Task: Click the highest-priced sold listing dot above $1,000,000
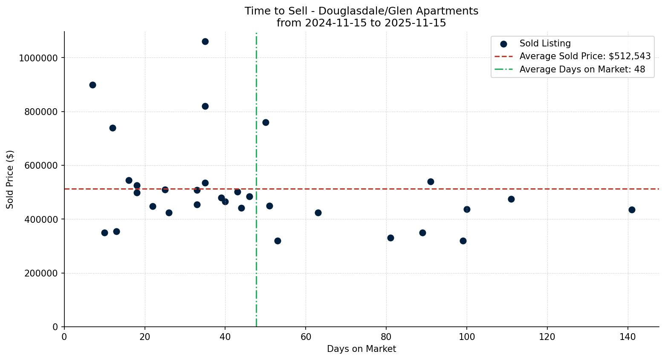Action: pos(205,41)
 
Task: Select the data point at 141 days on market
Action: pos(632,210)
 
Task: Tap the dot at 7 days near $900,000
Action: pos(93,85)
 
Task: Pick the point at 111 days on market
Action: pos(511,199)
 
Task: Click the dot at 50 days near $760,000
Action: pos(266,122)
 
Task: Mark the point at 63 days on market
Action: pos(318,213)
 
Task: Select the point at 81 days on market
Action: pos(390,238)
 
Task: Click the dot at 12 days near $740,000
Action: pos(113,128)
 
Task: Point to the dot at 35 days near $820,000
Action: pos(205,106)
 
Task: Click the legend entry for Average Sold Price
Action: pos(585,56)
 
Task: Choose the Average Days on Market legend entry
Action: pos(582,69)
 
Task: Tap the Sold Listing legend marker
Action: pos(503,43)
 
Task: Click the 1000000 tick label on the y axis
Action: pos(38,58)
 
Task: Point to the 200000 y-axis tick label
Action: pos(40,273)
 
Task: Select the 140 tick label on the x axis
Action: pos(627,337)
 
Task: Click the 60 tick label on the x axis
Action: pos(306,337)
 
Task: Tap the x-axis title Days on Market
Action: pos(361,349)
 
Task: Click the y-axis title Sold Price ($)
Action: pos(10,179)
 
